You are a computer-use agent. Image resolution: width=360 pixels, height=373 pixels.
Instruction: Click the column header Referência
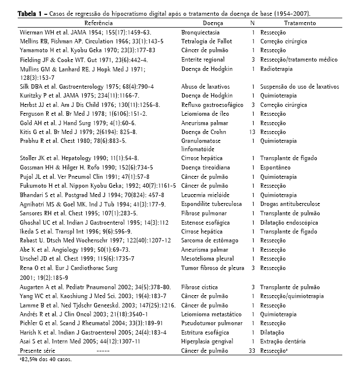pos(98,23)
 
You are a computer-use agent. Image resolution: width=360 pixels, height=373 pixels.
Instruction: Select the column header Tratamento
pos(300,23)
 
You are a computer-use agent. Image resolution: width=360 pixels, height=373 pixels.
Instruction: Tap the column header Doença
pos(213,23)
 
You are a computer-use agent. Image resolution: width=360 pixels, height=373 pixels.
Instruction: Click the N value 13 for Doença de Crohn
pos(252,132)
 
